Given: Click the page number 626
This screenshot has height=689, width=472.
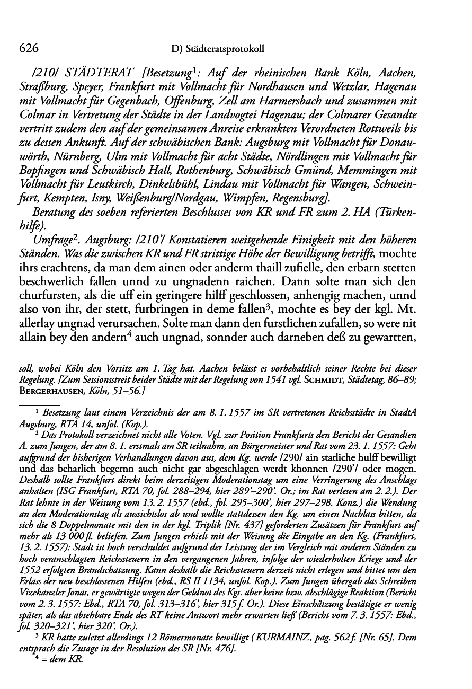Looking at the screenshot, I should coord(30,48).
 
